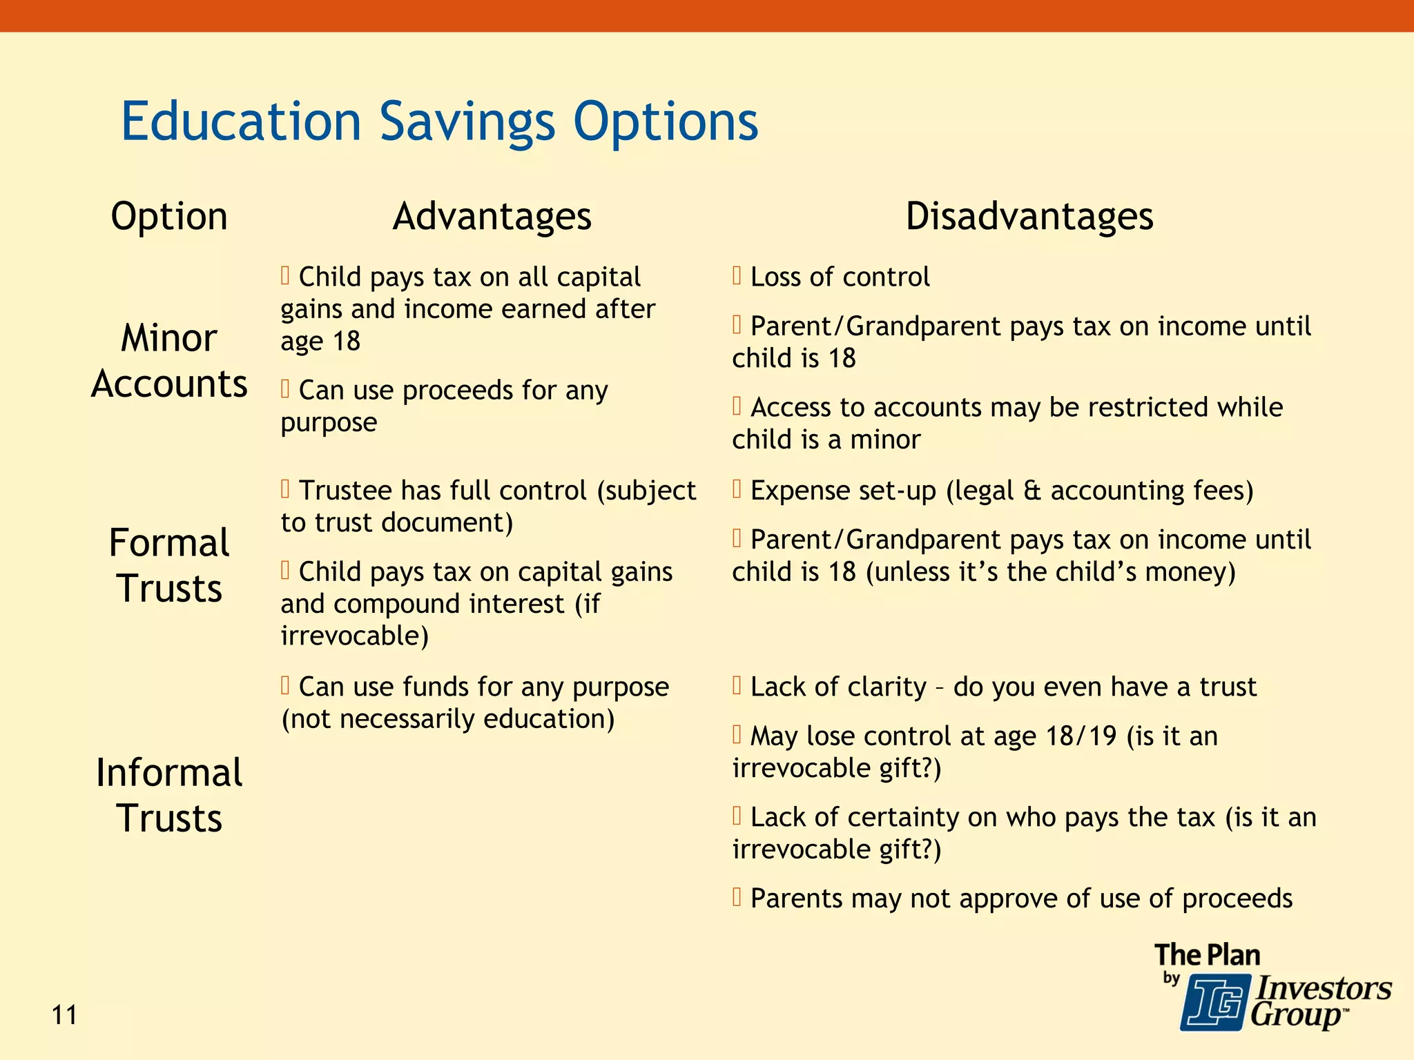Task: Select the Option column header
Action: [x=169, y=217]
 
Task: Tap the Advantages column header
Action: [x=492, y=217]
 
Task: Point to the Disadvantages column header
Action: [x=1029, y=217]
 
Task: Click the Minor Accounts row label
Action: [x=169, y=361]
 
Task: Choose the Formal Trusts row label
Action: [x=169, y=566]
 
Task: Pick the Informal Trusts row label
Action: [x=169, y=795]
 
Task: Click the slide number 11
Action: [x=64, y=1016]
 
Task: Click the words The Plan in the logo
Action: [x=1207, y=955]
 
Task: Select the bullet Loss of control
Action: [x=839, y=277]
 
